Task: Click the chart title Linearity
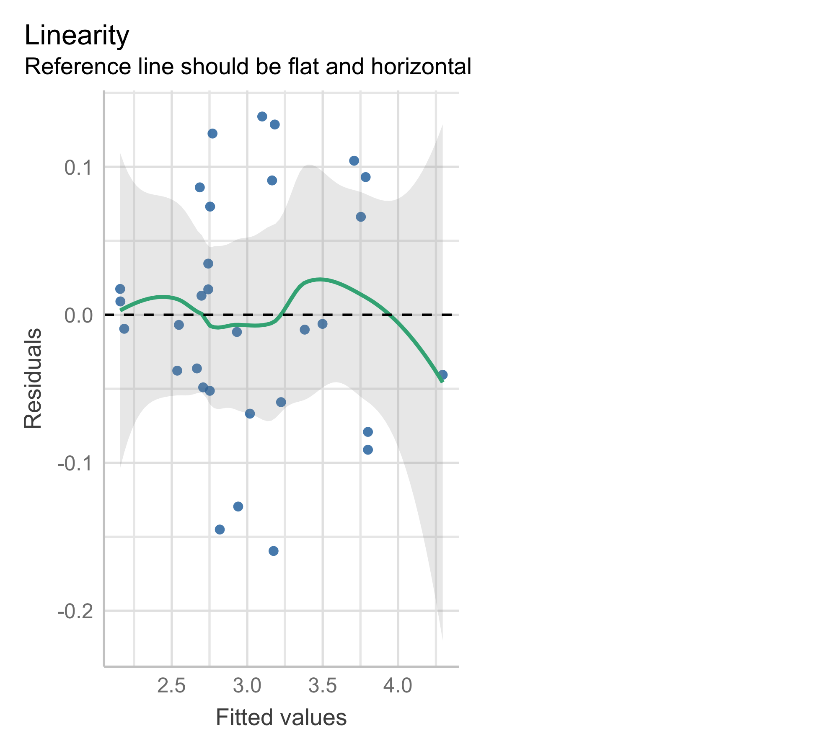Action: click(77, 36)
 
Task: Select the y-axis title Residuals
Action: click(33, 379)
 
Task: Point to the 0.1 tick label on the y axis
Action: click(78, 168)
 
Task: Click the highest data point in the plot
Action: click(262, 116)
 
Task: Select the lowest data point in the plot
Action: click(274, 551)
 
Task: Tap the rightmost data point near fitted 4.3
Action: click(443, 374)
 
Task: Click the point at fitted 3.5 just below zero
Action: click(323, 324)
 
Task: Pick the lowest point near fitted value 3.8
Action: click(368, 450)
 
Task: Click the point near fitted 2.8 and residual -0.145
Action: click(220, 529)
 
